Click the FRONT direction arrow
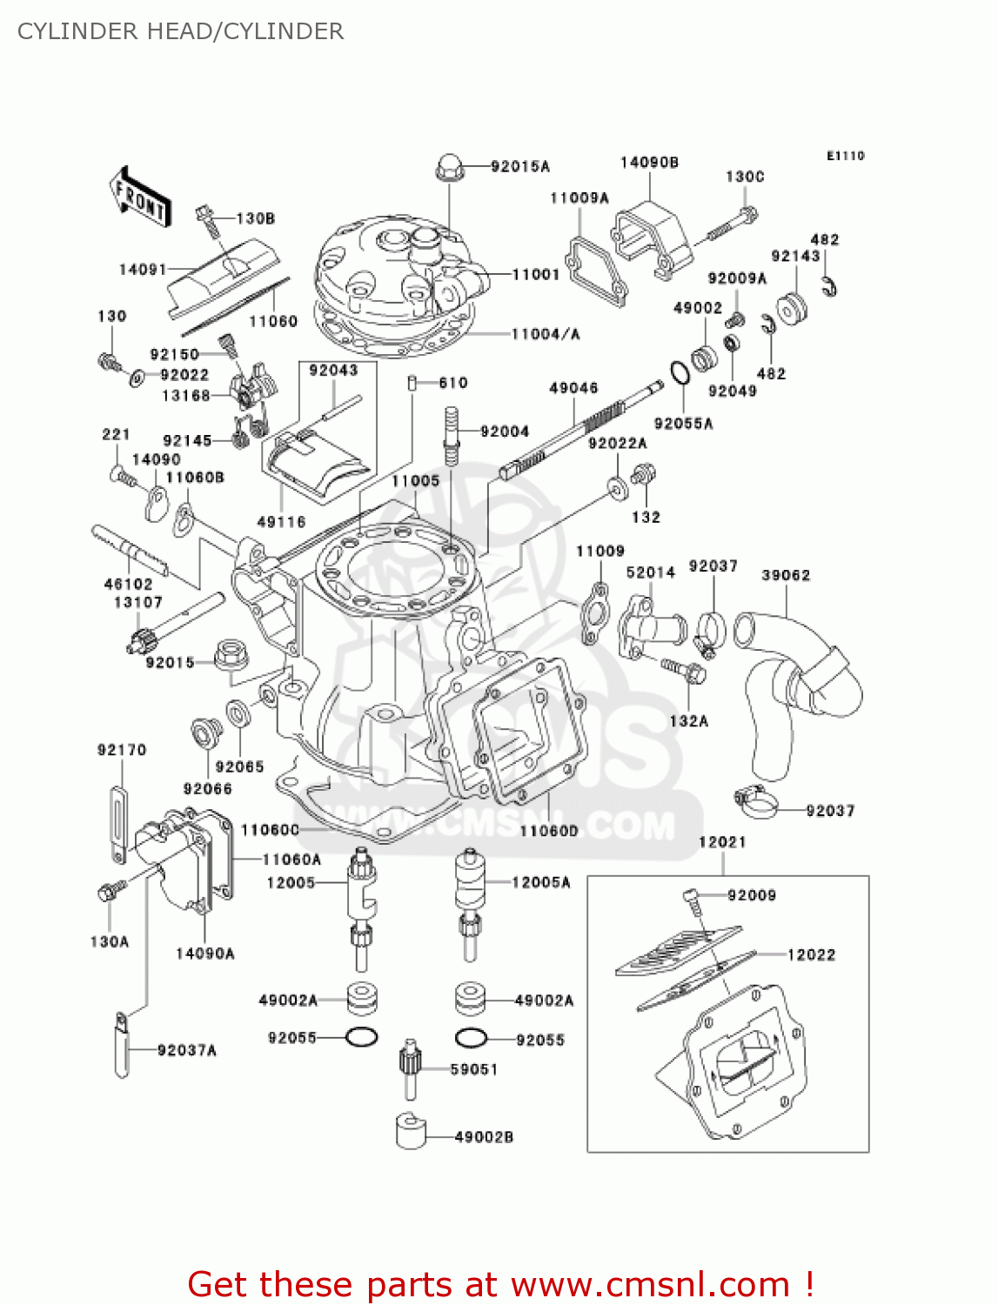click(x=139, y=197)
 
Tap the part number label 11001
click(x=535, y=274)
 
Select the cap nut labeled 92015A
click(x=448, y=165)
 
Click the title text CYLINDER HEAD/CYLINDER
click(x=180, y=31)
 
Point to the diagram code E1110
click(x=845, y=156)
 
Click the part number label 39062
click(x=785, y=575)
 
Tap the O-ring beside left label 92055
click(x=361, y=1037)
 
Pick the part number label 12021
click(x=722, y=841)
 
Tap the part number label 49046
click(x=573, y=388)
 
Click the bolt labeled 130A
click(x=111, y=891)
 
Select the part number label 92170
click(x=122, y=750)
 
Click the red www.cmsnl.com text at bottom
click(x=500, y=1284)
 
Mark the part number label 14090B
click(x=649, y=163)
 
